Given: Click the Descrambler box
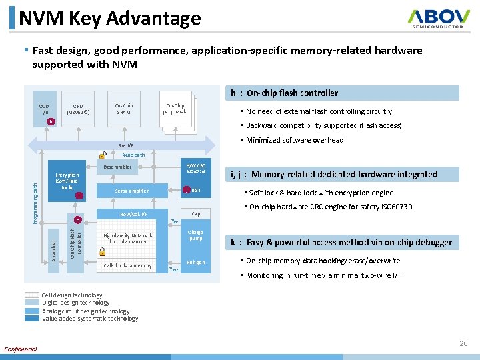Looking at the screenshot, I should [117, 167].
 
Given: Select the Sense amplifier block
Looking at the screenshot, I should [131, 191].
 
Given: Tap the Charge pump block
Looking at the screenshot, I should [195, 236].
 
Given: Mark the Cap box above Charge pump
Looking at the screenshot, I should [195, 214].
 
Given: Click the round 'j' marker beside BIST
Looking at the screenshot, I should [186, 190].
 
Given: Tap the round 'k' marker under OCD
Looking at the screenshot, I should [51, 122].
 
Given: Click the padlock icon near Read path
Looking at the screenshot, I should [103, 155].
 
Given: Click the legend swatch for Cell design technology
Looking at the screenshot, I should [32, 295].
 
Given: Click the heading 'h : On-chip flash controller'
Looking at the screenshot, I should [285, 93].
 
